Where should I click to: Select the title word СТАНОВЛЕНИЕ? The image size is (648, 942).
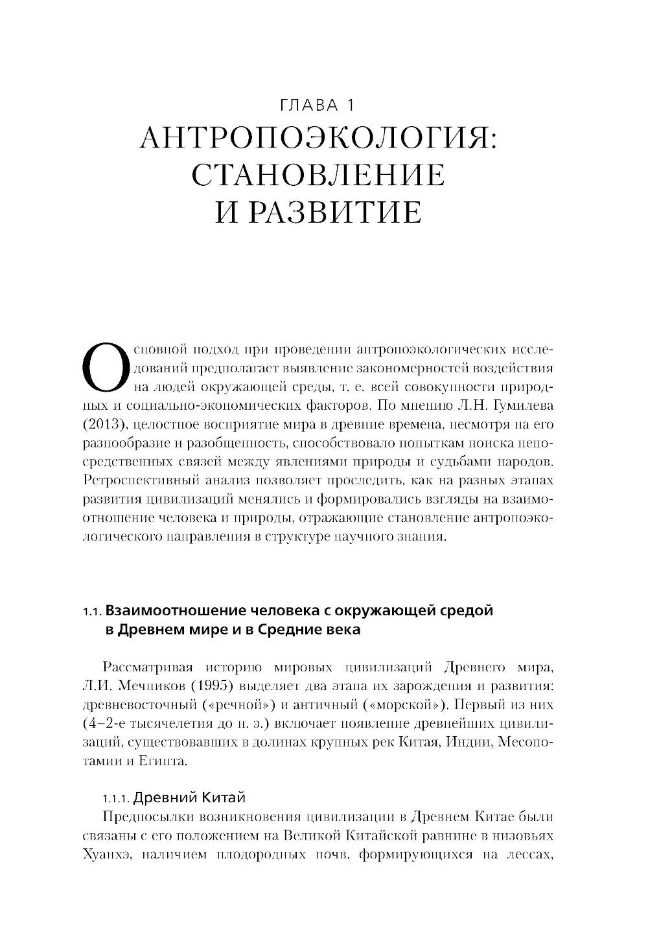318,175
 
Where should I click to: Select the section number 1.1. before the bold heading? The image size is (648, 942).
93,612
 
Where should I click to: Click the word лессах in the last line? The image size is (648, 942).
527,854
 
